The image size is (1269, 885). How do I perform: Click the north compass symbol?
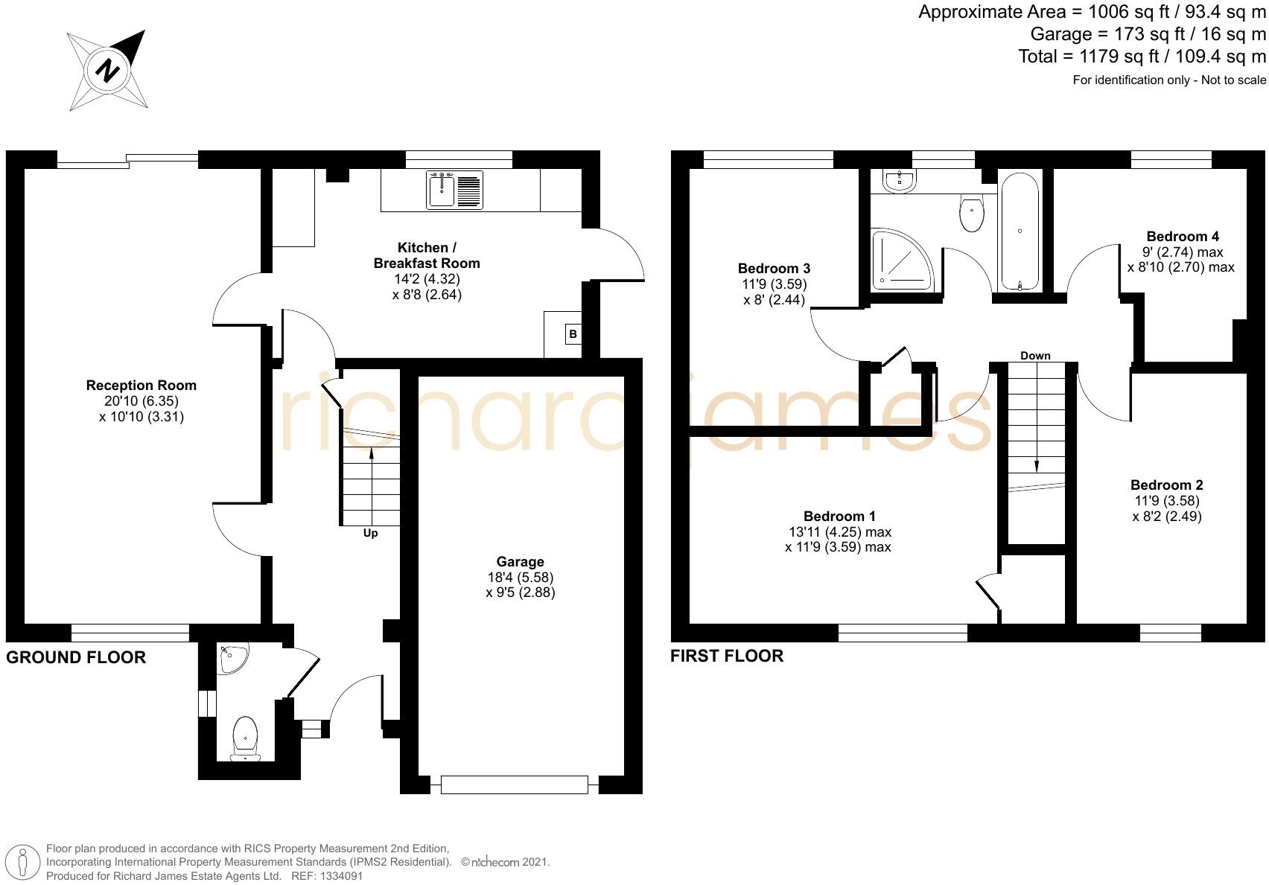click(x=107, y=70)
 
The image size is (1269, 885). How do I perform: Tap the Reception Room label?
click(x=141, y=386)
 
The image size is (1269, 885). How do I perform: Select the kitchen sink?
click(x=441, y=190)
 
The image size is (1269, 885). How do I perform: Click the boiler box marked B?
click(x=573, y=334)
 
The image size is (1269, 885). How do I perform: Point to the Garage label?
click(x=520, y=562)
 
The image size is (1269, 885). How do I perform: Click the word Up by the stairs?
click(x=370, y=533)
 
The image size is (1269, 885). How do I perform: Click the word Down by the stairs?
click(x=1035, y=356)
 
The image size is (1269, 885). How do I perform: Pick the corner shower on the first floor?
click(x=900, y=258)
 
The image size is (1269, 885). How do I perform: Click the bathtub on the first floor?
click(x=1020, y=231)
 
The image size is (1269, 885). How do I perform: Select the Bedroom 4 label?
click(x=1183, y=237)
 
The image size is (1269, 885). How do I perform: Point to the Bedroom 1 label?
click(x=839, y=517)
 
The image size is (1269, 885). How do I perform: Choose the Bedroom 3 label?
click(x=774, y=269)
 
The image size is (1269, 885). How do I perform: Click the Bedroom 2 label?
click(x=1166, y=485)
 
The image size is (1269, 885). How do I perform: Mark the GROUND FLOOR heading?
click(x=76, y=657)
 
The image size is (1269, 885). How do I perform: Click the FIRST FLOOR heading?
click(x=727, y=656)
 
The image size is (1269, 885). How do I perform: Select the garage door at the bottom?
click(x=514, y=785)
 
